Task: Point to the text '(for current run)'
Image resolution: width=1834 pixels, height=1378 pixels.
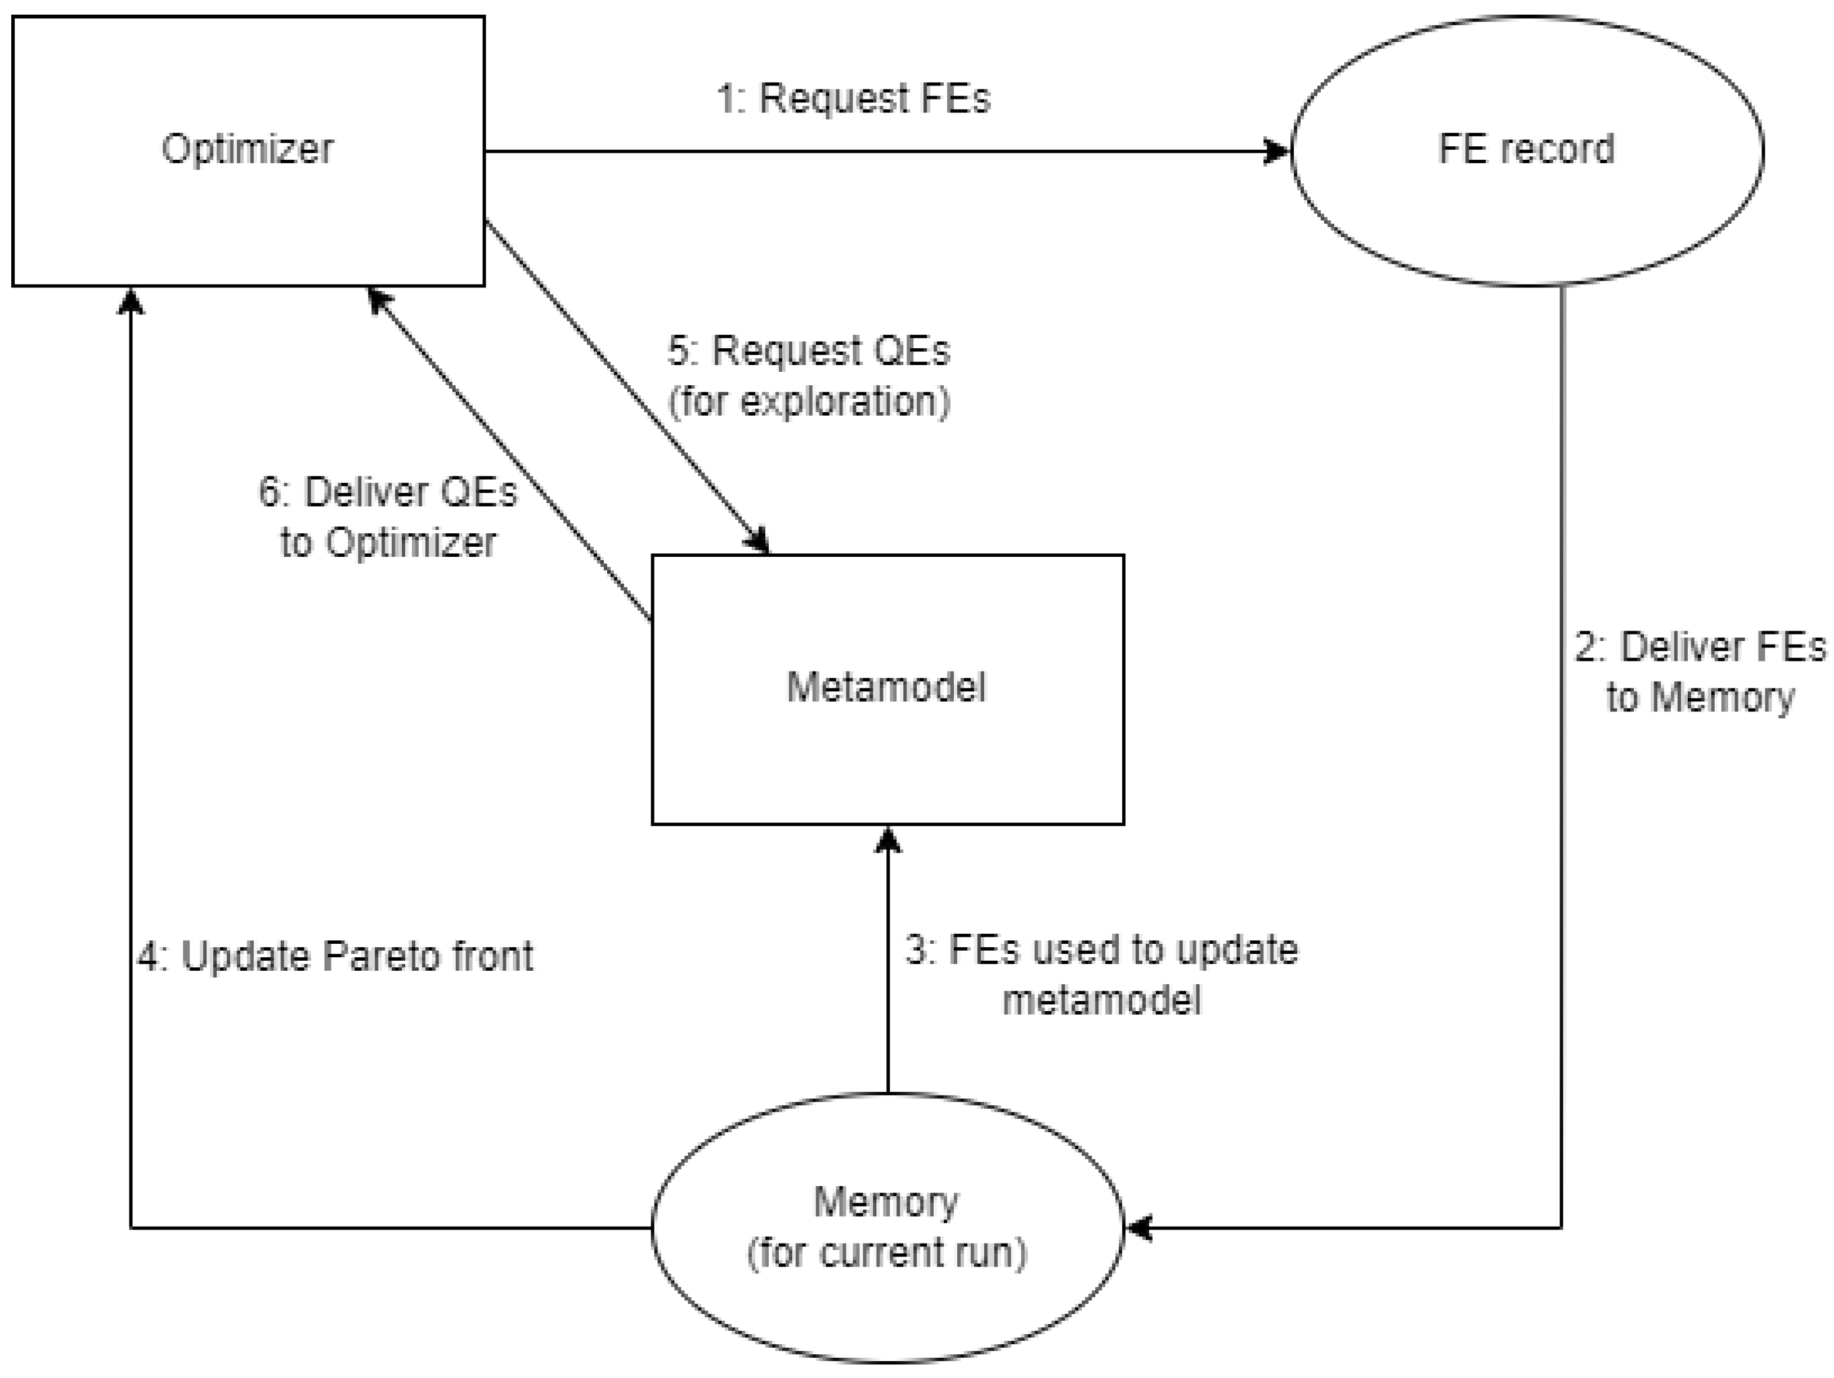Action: coord(886,1253)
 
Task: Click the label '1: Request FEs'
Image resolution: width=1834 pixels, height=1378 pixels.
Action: coord(853,98)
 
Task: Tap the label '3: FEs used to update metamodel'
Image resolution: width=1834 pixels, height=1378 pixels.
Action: coord(1101,975)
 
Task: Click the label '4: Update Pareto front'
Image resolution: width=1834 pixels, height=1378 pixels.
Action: coord(335,956)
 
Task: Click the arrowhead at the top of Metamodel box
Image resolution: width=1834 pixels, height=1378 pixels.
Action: coord(758,541)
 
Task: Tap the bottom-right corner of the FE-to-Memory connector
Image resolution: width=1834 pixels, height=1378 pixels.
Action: coord(1561,1227)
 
